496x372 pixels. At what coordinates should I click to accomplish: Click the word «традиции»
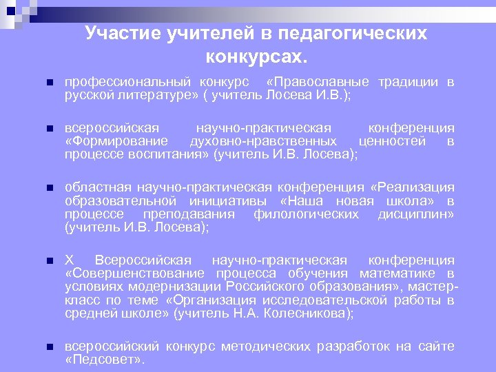tap(408, 82)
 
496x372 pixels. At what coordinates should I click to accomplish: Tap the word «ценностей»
tap(393, 141)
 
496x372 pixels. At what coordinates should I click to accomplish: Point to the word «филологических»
tap(306, 214)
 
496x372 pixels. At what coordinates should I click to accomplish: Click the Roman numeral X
tap(69, 260)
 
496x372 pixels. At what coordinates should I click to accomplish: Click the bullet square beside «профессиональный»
tap(48, 83)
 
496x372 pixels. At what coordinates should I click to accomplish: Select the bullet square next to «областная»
tap(48, 188)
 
